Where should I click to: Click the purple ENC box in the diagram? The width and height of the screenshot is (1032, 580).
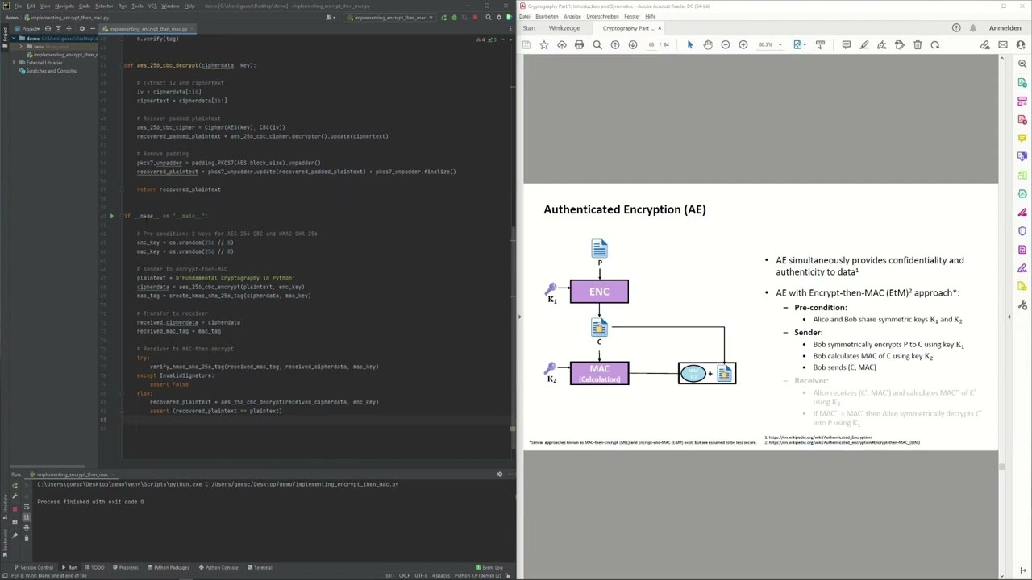coord(599,292)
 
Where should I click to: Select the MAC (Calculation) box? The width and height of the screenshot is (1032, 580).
coord(599,373)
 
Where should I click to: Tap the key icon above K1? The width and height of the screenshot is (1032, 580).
coord(551,288)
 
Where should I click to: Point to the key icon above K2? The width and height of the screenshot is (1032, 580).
coord(551,368)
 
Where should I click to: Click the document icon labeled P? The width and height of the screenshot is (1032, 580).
coord(599,248)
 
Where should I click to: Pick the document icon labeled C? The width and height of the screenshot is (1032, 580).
coord(599,327)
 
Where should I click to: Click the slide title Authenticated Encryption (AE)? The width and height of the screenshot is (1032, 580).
coord(625,209)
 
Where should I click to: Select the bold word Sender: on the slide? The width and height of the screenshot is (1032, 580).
coord(808,332)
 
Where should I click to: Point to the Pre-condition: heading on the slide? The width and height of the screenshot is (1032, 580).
coord(820,307)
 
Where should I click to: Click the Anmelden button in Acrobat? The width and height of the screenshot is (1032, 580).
coord(1005,28)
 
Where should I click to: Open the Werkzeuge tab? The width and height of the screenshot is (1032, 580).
coord(564,28)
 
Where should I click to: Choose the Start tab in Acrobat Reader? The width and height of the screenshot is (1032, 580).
coord(529,28)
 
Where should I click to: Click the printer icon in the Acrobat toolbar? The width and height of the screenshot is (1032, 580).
coord(579,45)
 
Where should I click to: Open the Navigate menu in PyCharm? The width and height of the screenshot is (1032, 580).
coord(64,6)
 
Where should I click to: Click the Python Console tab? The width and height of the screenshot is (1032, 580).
coord(221,567)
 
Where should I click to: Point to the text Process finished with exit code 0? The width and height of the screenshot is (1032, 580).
coord(90,502)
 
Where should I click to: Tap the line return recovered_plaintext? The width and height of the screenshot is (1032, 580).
coord(178,189)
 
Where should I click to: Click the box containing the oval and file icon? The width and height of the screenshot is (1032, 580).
coord(707,373)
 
